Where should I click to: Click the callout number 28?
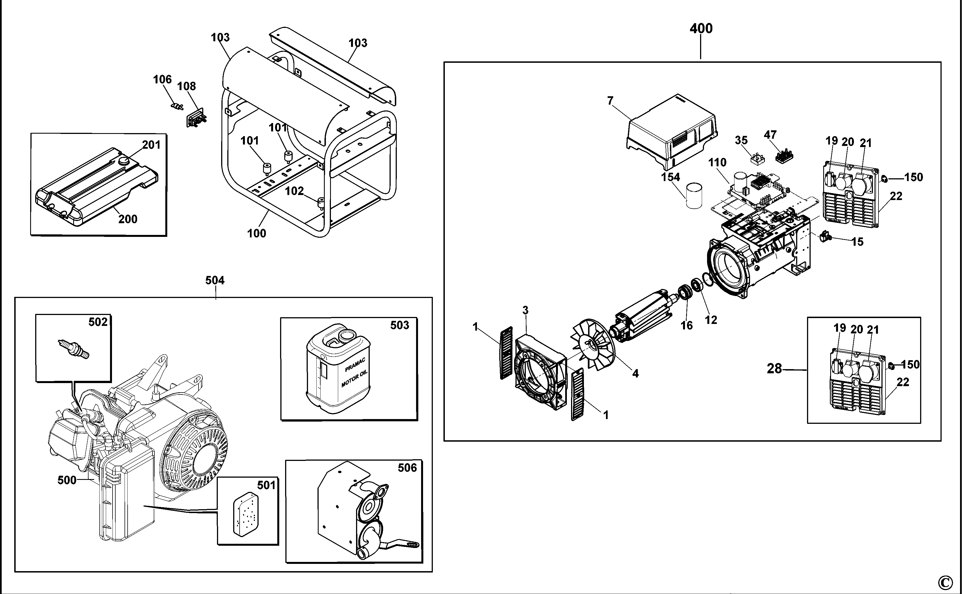coord(774,369)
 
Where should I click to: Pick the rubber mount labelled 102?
coord(321,203)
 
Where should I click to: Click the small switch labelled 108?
coord(195,118)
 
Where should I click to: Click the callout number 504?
coord(215,280)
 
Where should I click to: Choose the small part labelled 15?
coord(824,237)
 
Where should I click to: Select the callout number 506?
coord(407,468)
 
